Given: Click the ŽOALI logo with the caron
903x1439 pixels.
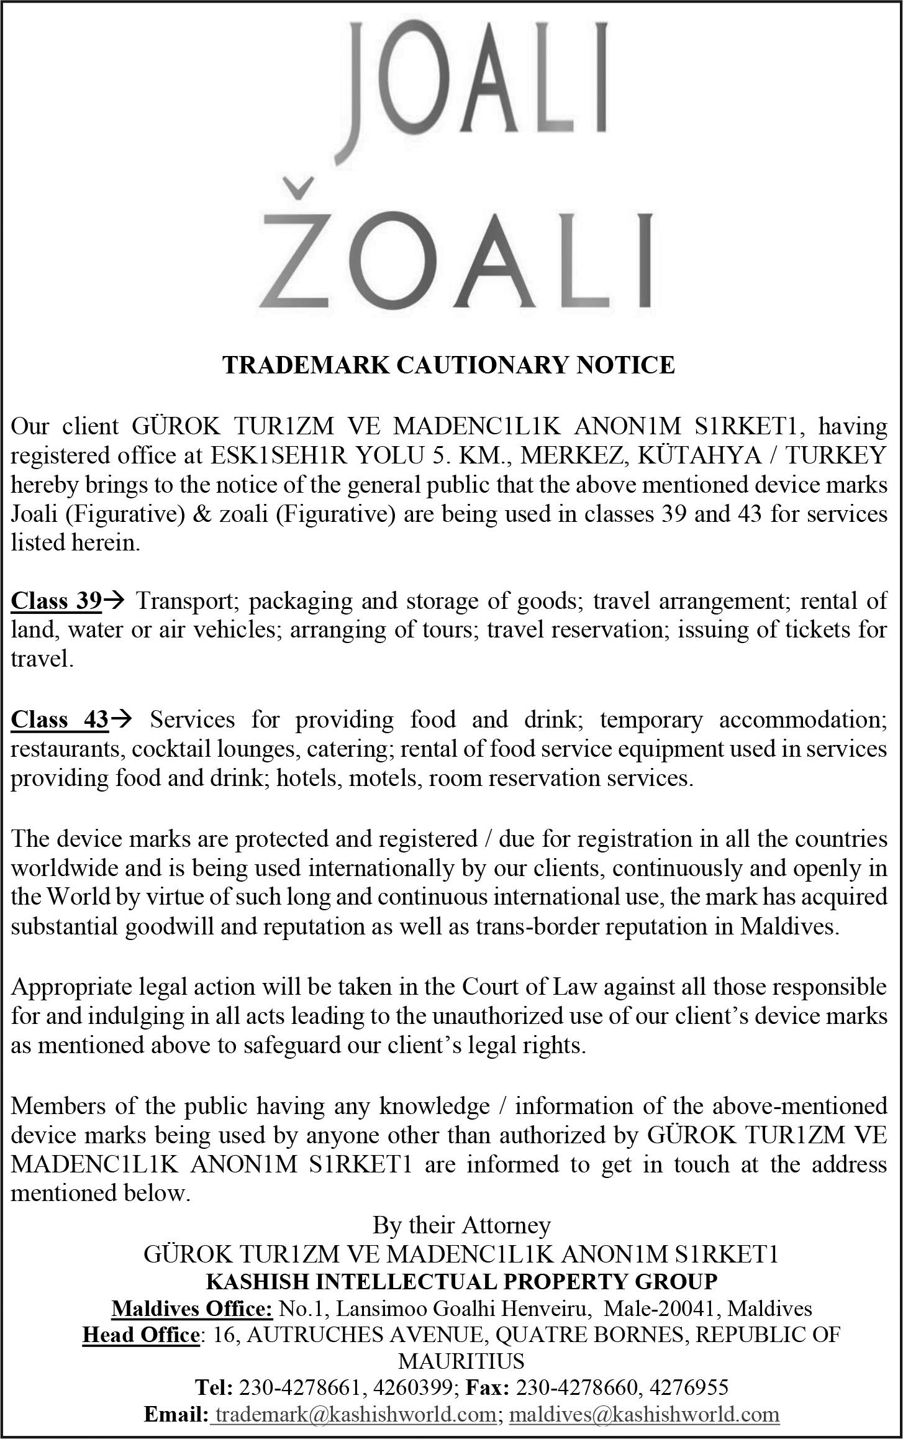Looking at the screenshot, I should point(457,260).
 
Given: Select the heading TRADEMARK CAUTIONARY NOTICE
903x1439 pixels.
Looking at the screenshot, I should point(448,365).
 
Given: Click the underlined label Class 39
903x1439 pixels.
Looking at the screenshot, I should point(56,601).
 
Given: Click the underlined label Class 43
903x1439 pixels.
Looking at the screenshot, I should point(60,719).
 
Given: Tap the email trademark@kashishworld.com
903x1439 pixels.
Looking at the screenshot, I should point(354,1415).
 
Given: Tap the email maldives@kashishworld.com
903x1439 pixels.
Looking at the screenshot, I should point(644,1415).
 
